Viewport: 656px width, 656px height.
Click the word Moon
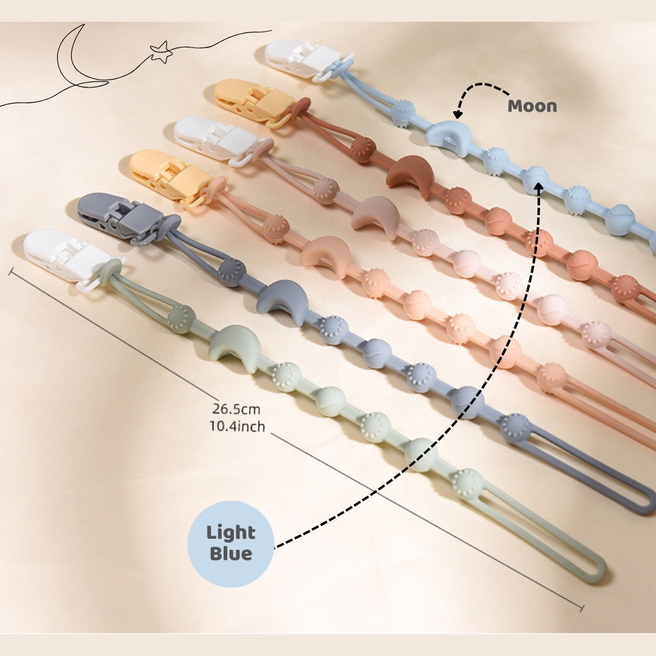(532, 106)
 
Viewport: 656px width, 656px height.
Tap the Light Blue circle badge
(231, 544)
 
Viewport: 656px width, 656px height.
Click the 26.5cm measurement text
(236, 409)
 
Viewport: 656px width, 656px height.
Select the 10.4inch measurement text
(237, 426)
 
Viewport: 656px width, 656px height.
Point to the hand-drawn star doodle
(161, 52)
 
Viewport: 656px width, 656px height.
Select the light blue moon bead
(449, 137)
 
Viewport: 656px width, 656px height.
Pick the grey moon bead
(282, 301)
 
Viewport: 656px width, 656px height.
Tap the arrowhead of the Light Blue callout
(538, 187)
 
